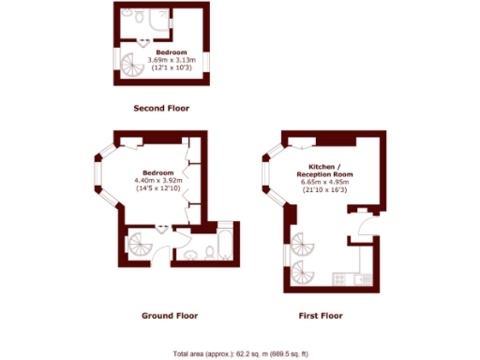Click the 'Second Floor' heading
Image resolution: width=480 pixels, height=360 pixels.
pos(160,109)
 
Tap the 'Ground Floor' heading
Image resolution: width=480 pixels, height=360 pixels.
pos(170,315)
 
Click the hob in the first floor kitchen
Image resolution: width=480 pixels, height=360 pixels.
pos(340,278)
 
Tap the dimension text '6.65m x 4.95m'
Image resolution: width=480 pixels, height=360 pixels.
pos(323,182)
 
